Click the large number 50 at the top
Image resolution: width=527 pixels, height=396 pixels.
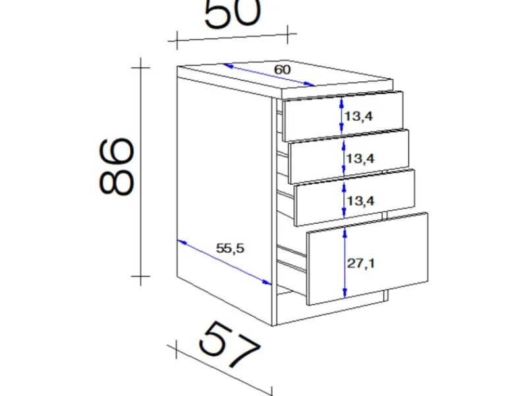click(x=233, y=13)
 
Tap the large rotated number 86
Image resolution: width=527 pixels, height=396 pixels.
click(x=117, y=166)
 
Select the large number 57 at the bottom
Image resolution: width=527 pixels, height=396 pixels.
click(x=229, y=344)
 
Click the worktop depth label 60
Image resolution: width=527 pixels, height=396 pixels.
click(x=282, y=70)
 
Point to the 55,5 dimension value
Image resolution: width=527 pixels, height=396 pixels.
click(x=230, y=249)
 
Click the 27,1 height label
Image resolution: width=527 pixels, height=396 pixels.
click(x=360, y=263)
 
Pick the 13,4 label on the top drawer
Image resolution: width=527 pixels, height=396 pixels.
click(x=358, y=117)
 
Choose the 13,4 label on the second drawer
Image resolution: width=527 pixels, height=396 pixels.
click(x=360, y=158)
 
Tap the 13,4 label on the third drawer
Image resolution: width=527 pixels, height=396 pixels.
click(x=360, y=201)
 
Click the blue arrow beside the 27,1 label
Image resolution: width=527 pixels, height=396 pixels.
click(x=345, y=263)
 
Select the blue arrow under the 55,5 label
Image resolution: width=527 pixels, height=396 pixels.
click(x=224, y=262)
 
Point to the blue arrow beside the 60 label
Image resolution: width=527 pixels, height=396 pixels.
click(x=269, y=75)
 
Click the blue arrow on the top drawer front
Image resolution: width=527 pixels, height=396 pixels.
click(x=341, y=115)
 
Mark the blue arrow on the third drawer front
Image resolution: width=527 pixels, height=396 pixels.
click(x=344, y=200)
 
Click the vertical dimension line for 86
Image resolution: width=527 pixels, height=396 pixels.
click(x=140, y=172)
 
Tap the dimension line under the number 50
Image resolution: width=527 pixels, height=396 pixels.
click(x=233, y=38)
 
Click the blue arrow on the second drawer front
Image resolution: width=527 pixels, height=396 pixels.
click(x=343, y=157)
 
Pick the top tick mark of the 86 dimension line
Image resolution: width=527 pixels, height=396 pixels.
click(x=140, y=68)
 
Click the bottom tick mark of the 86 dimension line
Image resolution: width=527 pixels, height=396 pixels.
click(x=140, y=276)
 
